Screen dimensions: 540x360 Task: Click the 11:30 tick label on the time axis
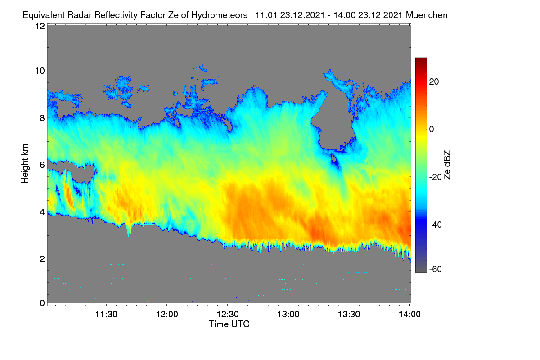(x=106, y=315)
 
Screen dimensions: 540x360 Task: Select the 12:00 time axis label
(x=167, y=315)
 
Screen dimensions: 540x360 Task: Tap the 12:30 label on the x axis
(x=228, y=315)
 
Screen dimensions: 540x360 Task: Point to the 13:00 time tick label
(x=288, y=315)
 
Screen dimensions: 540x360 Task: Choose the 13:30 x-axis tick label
(x=349, y=315)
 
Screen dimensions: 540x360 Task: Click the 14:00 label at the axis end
(x=409, y=315)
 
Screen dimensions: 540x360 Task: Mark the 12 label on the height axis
(x=40, y=26)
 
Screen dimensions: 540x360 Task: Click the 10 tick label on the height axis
(x=40, y=71)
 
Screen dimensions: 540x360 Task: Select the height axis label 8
(x=43, y=118)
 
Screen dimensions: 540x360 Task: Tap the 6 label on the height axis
(x=43, y=165)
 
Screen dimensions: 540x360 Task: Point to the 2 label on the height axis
(x=43, y=259)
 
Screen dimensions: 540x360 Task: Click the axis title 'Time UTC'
(x=229, y=324)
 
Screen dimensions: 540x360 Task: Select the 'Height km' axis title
(x=25, y=164)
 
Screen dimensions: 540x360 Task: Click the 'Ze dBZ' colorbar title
(x=447, y=165)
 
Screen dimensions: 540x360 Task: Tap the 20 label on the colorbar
(x=434, y=82)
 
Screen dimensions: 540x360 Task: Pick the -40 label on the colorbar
(x=436, y=225)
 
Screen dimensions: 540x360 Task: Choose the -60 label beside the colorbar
(x=436, y=270)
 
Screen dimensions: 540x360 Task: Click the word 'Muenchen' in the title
(x=427, y=15)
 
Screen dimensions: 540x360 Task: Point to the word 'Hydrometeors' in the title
(x=219, y=15)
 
